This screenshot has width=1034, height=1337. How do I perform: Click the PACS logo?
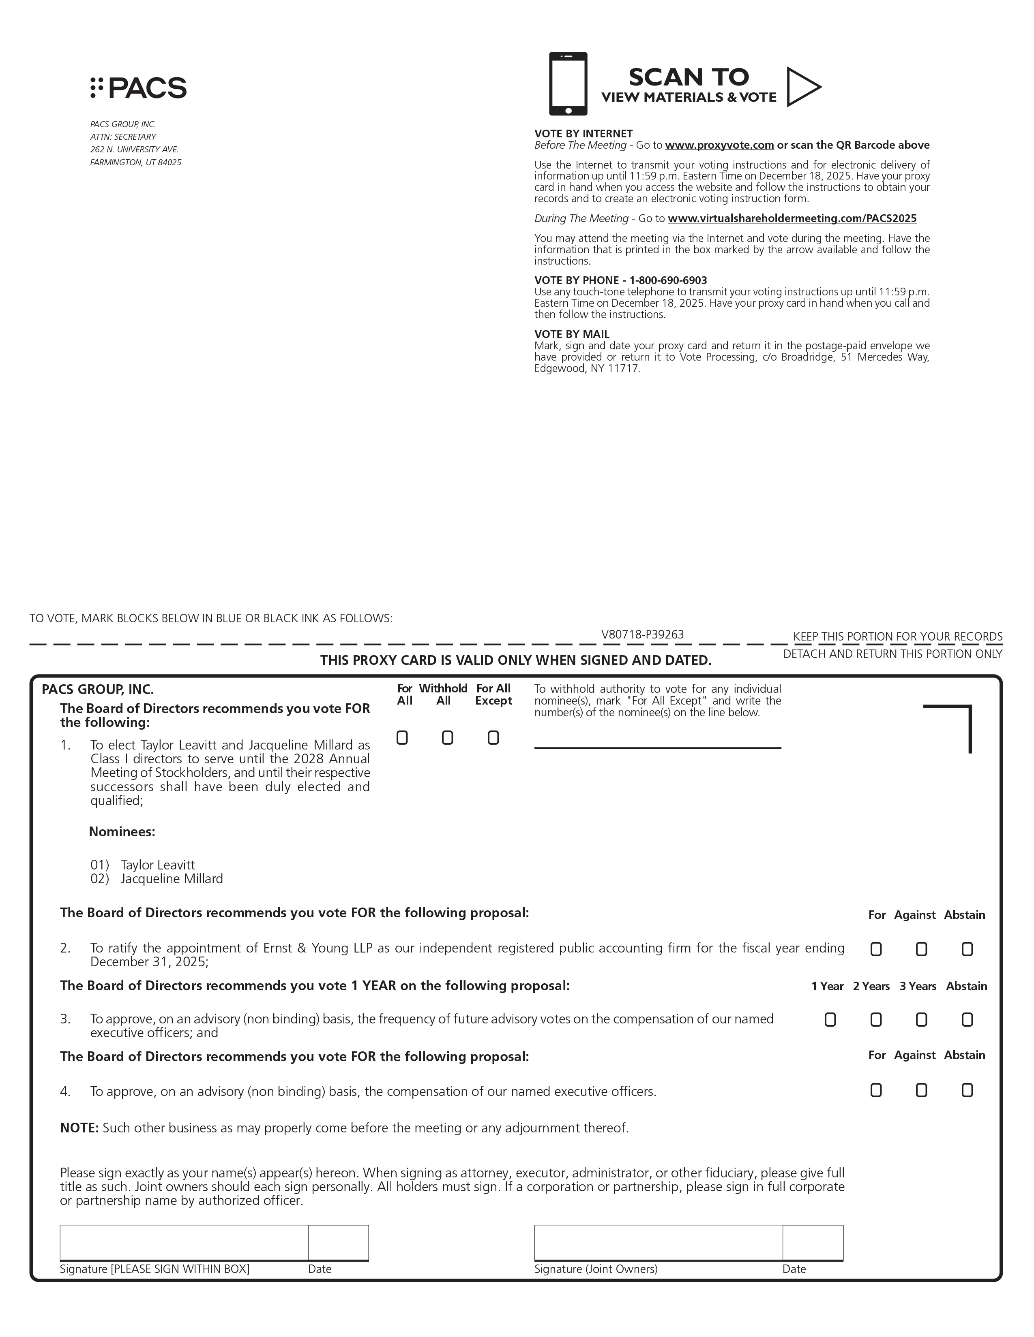(x=138, y=88)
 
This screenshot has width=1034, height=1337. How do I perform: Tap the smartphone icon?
(x=568, y=84)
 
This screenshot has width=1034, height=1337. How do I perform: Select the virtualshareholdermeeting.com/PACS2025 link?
(x=792, y=218)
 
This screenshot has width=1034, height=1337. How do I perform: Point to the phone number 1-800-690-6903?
(x=668, y=280)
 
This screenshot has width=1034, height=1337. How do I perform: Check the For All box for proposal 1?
(x=402, y=738)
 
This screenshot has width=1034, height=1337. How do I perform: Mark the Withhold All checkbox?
(x=447, y=738)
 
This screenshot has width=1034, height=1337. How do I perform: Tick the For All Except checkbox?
(x=493, y=738)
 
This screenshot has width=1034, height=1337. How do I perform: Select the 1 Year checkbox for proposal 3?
(x=830, y=1019)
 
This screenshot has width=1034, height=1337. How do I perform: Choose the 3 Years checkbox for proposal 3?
(x=921, y=1019)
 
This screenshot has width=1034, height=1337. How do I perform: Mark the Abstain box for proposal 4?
(x=967, y=1090)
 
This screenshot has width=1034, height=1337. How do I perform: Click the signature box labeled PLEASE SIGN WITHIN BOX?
(x=184, y=1242)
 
